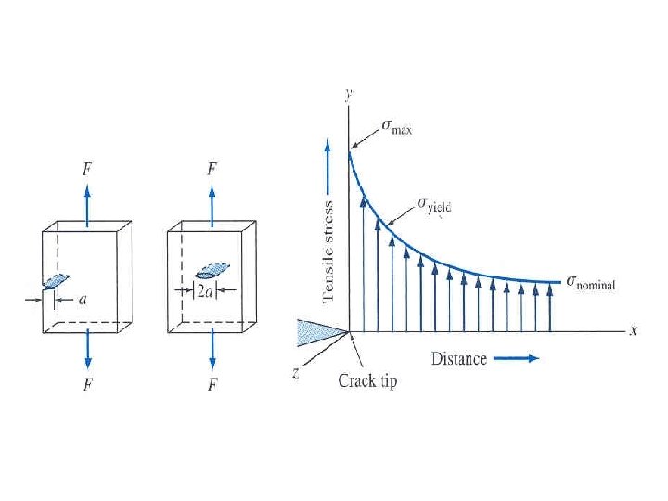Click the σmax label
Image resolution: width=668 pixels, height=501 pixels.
(x=397, y=128)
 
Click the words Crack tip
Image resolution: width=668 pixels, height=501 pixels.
(x=367, y=381)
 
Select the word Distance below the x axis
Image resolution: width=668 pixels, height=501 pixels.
(x=458, y=358)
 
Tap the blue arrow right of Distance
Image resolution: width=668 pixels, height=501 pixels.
(x=518, y=358)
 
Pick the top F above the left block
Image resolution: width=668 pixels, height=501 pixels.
(x=86, y=170)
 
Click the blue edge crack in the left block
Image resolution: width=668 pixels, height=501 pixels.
(x=56, y=280)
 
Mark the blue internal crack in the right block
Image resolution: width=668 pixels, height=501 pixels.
(x=212, y=270)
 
